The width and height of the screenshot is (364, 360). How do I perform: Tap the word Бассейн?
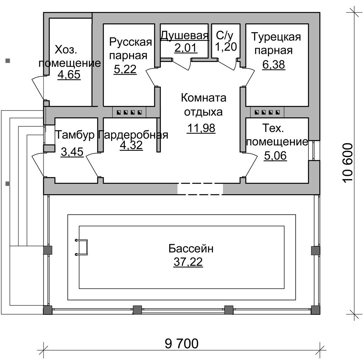tap(191, 249)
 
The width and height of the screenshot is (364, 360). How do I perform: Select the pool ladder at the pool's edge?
tap(82, 247)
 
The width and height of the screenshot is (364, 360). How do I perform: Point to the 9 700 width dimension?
tap(182, 343)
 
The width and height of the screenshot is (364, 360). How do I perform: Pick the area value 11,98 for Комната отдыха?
tap(202, 128)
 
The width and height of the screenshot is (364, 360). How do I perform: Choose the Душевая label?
tap(185, 36)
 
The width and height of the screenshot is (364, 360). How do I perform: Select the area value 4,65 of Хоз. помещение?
tap(69, 74)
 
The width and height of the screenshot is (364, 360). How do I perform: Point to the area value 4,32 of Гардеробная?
tap(131, 145)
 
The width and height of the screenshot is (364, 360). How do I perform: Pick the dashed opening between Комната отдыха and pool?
tap(200, 189)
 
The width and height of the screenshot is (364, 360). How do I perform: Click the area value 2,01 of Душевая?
tap(185, 48)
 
